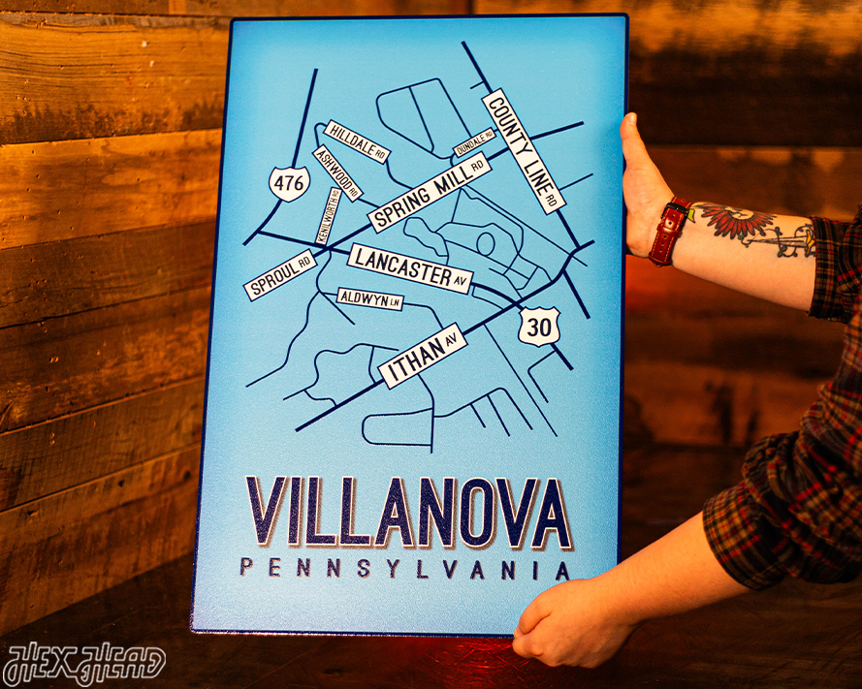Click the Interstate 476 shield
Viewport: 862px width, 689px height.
click(x=290, y=182)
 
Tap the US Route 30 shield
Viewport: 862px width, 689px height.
click(x=539, y=327)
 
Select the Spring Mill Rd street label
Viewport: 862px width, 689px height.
click(x=429, y=192)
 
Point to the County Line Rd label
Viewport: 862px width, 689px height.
click(x=523, y=149)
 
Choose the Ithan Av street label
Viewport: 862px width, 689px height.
click(x=423, y=356)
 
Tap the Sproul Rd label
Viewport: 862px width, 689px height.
click(x=280, y=274)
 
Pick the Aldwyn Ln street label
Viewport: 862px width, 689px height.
click(x=369, y=299)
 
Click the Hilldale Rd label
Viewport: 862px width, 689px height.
click(x=357, y=141)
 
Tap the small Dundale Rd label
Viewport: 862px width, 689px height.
click(x=474, y=141)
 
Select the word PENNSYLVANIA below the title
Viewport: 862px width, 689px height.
click(x=404, y=569)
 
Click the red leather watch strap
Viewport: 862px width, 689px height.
click(x=668, y=232)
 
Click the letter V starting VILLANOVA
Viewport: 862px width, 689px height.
click(x=267, y=512)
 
